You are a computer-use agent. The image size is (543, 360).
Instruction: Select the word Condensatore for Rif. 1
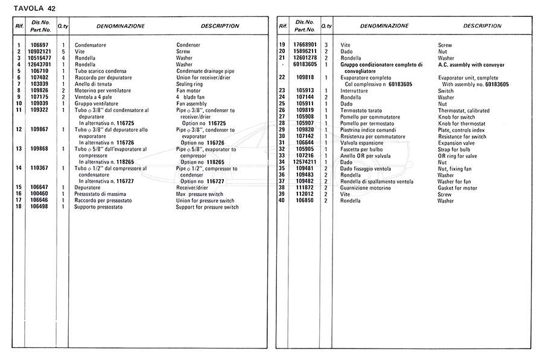click(91, 45)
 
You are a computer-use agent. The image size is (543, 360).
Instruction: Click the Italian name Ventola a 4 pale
click(94, 97)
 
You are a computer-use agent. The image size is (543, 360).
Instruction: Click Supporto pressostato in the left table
click(98, 207)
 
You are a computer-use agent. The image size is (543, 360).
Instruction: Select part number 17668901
click(305, 45)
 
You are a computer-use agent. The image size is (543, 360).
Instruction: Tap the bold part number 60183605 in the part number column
click(305, 65)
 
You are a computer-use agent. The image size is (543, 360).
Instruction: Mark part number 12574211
click(305, 162)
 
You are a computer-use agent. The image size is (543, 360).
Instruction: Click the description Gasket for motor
click(457, 188)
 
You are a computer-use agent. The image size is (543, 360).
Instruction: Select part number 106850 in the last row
click(305, 201)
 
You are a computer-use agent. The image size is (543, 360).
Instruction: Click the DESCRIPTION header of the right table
click(482, 26)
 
